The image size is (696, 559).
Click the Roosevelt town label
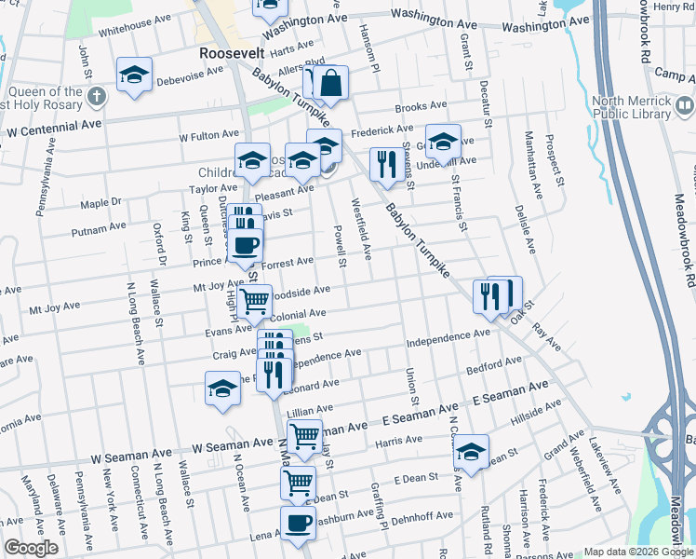click(233, 54)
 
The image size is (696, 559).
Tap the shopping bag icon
click(330, 83)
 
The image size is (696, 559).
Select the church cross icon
click(97, 96)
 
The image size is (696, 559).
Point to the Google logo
click(31, 548)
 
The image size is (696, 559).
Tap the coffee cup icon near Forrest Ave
click(245, 247)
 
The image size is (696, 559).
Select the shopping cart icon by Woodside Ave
click(254, 301)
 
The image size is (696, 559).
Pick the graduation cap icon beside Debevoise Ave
click(134, 75)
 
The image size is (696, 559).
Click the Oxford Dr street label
click(160, 237)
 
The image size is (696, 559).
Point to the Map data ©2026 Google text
click(638, 552)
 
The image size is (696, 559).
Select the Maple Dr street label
click(101, 201)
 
